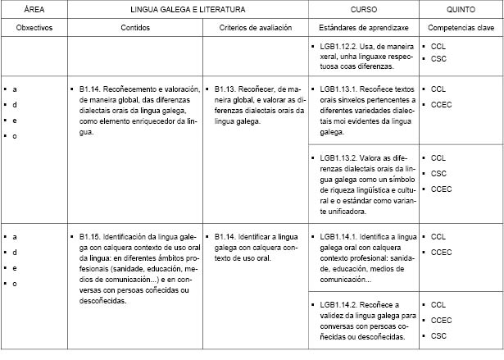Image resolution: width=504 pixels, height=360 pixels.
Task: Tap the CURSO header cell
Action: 364,9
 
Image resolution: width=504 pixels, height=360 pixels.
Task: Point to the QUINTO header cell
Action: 460,9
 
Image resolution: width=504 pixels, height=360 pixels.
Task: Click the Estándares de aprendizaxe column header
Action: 364,28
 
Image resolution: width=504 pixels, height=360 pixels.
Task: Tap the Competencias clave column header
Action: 460,28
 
